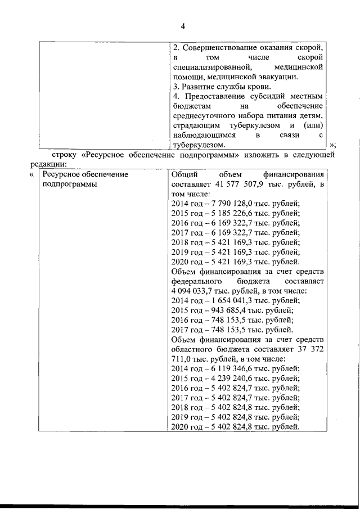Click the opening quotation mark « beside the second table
31,175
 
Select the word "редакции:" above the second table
49,164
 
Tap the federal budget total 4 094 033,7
192,290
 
